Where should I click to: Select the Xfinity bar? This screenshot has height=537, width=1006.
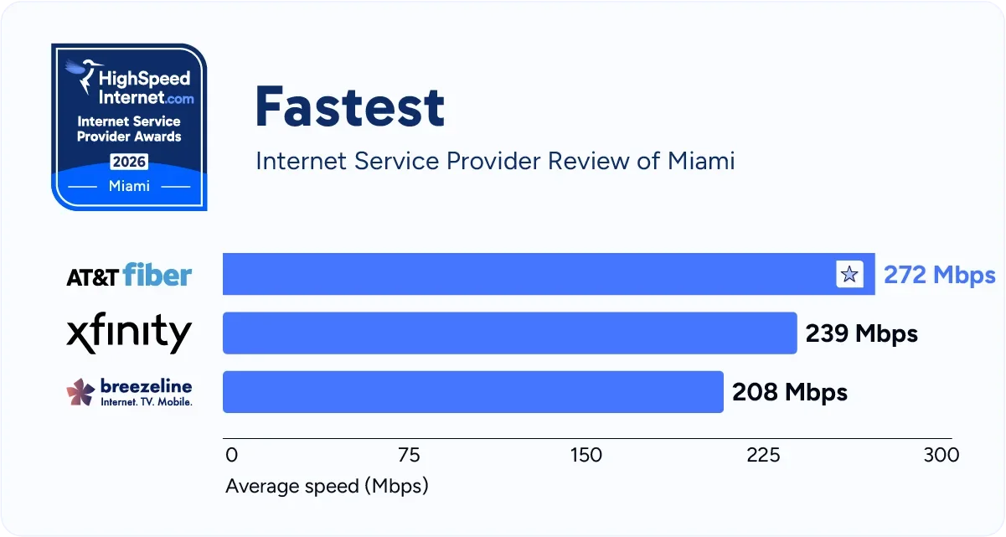coord(509,333)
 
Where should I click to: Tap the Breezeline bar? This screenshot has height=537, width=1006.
coord(472,391)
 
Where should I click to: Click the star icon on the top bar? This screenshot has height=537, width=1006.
coord(849,274)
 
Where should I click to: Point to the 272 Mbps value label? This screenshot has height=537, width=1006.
coord(939,275)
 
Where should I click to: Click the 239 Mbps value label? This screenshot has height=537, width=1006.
coord(861,333)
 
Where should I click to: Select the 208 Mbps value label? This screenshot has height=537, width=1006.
coord(789,391)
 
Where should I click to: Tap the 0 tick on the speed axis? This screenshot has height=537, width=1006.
coord(232,455)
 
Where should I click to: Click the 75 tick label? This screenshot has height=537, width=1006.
coord(409,455)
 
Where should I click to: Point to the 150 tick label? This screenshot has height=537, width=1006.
coord(586,455)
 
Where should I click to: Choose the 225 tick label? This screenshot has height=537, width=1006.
coord(763,455)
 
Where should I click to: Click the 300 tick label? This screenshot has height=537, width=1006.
coord(941,455)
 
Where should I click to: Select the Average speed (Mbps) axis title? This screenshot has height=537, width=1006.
coord(327,486)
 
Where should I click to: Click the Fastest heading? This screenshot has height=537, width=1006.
coord(349,107)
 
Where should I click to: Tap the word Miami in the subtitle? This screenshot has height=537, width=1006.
coord(700,160)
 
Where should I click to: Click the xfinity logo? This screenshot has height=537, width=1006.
coord(129,333)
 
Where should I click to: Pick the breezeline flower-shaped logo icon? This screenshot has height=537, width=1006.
coord(80,391)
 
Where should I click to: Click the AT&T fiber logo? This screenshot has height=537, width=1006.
coord(129,275)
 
